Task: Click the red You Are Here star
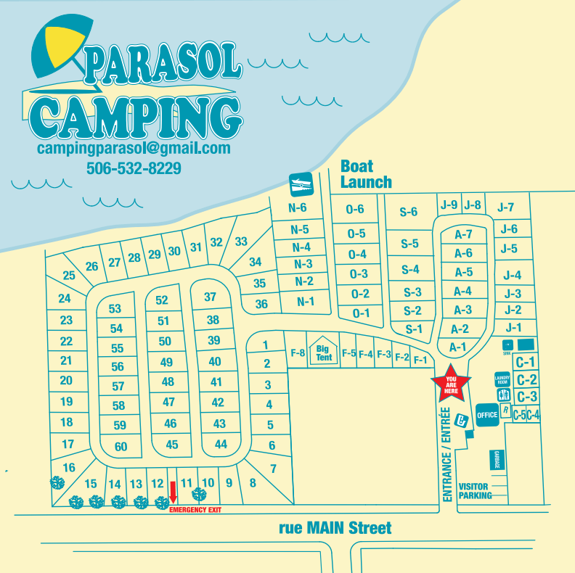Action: coord(451,385)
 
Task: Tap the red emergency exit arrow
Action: coord(173,492)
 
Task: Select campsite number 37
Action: coord(211,297)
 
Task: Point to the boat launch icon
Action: coord(301,185)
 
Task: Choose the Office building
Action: coord(487,414)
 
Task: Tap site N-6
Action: coord(299,208)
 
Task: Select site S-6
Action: coord(409,212)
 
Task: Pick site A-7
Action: coord(463,234)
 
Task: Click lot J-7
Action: coord(506,207)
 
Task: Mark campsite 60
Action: coord(121,447)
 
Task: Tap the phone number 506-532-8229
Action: coord(134,169)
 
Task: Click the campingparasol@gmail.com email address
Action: coord(134,148)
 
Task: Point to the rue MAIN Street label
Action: coord(335,528)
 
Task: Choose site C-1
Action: coord(526,362)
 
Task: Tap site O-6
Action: coord(355,210)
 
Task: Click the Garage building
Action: coord(497,460)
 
